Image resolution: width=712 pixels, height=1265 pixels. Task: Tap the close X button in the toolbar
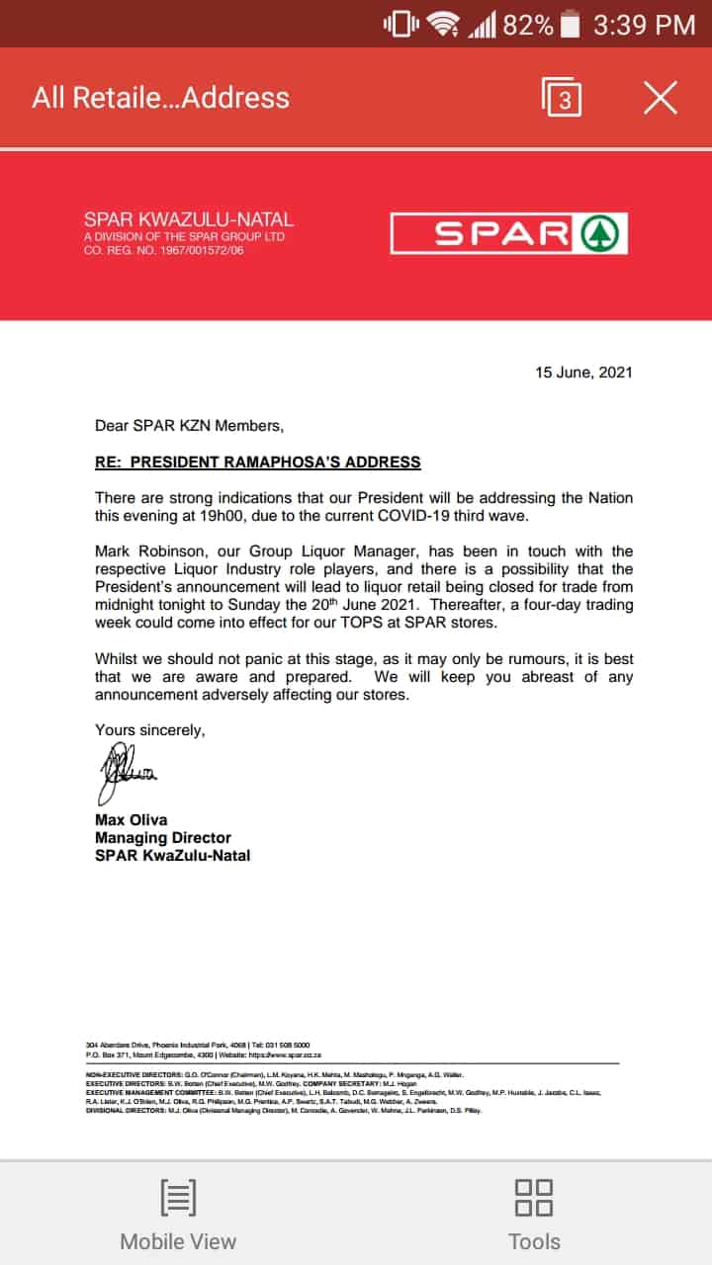click(660, 98)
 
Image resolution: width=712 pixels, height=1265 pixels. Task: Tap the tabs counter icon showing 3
click(562, 98)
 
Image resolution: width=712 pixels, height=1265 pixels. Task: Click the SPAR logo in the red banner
click(508, 234)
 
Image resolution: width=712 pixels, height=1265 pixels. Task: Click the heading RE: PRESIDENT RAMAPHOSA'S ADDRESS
click(257, 462)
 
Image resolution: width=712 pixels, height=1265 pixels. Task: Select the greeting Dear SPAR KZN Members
click(189, 426)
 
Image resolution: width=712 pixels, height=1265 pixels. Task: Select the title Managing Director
click(162, 837)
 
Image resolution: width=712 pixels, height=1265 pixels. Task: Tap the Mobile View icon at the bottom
click(178, 1198)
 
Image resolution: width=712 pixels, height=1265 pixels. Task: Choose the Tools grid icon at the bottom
click(534, 1198)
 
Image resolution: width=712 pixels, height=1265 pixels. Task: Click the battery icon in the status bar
click(571, 25)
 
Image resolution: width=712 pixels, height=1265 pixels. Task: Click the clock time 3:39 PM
click(644, 25)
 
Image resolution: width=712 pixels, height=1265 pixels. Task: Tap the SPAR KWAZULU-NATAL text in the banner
click(188, 220)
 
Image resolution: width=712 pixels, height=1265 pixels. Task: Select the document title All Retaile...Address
click(160, 98)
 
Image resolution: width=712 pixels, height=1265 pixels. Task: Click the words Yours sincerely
click(150, 730)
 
